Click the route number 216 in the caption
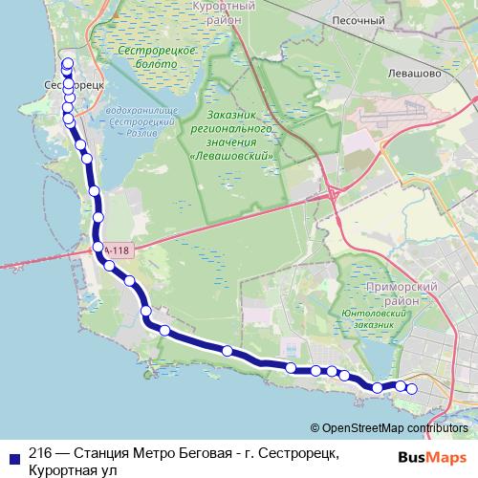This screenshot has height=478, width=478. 40,453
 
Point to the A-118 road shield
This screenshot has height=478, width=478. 116,250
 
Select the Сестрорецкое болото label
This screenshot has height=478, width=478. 143,54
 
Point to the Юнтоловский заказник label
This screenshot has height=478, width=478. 380,319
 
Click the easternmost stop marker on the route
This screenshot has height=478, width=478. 412,388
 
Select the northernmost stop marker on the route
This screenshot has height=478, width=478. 68,64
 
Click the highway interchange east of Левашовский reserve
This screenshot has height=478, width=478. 336,194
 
